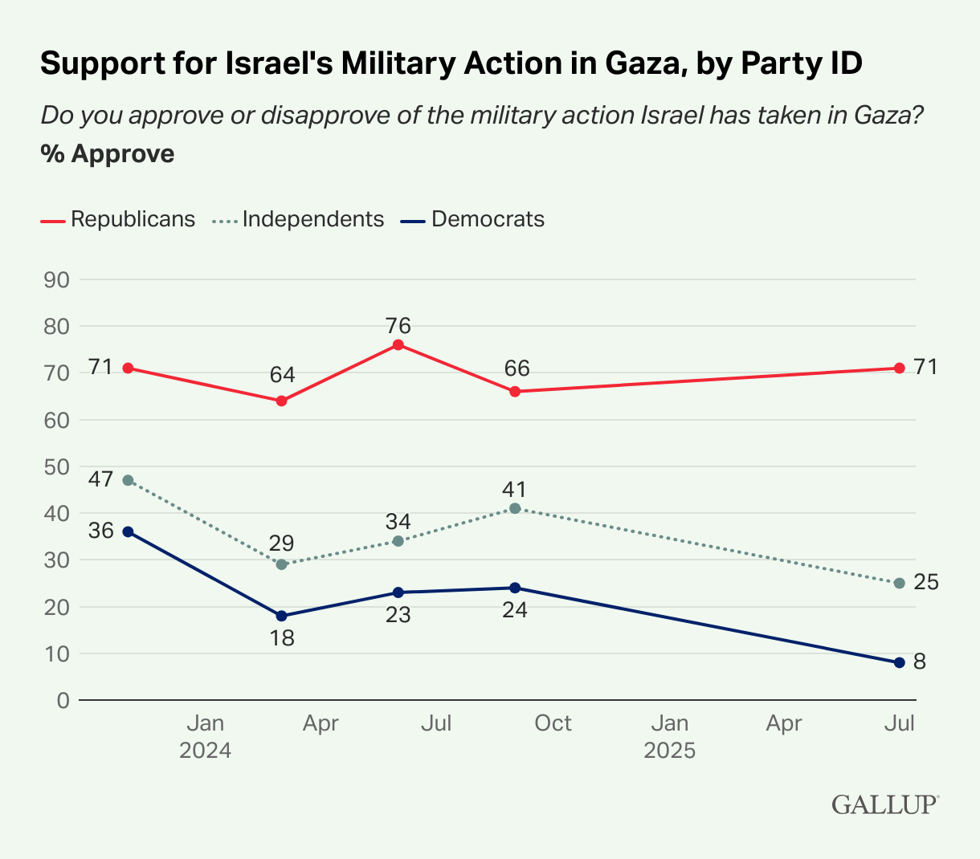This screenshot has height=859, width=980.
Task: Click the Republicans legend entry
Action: coord(118,219)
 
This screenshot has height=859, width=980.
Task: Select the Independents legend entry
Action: coord(299,219)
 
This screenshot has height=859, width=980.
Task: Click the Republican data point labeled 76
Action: coord(398,344)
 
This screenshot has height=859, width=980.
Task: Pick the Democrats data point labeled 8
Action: coord(899,662)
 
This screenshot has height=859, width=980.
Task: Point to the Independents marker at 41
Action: coord(515,508)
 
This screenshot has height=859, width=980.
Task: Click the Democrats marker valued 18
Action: coord(282,616)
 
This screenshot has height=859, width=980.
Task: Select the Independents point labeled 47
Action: coord(128,480)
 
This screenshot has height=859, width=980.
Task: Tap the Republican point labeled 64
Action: coord(282,401)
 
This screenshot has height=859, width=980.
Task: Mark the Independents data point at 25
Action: coord(899,583)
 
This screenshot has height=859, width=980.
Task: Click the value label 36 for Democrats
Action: coord(100,531)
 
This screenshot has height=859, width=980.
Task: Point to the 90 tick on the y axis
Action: coord(55,280)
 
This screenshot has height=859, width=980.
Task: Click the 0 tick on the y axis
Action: coord(63,700)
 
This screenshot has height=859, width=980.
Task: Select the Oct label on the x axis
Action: coord(553,723)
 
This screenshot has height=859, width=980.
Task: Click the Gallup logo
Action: coord(885,804)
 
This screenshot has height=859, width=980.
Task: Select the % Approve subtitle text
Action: coord(108,153)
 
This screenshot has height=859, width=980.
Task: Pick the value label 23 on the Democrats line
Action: coord(398,615)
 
